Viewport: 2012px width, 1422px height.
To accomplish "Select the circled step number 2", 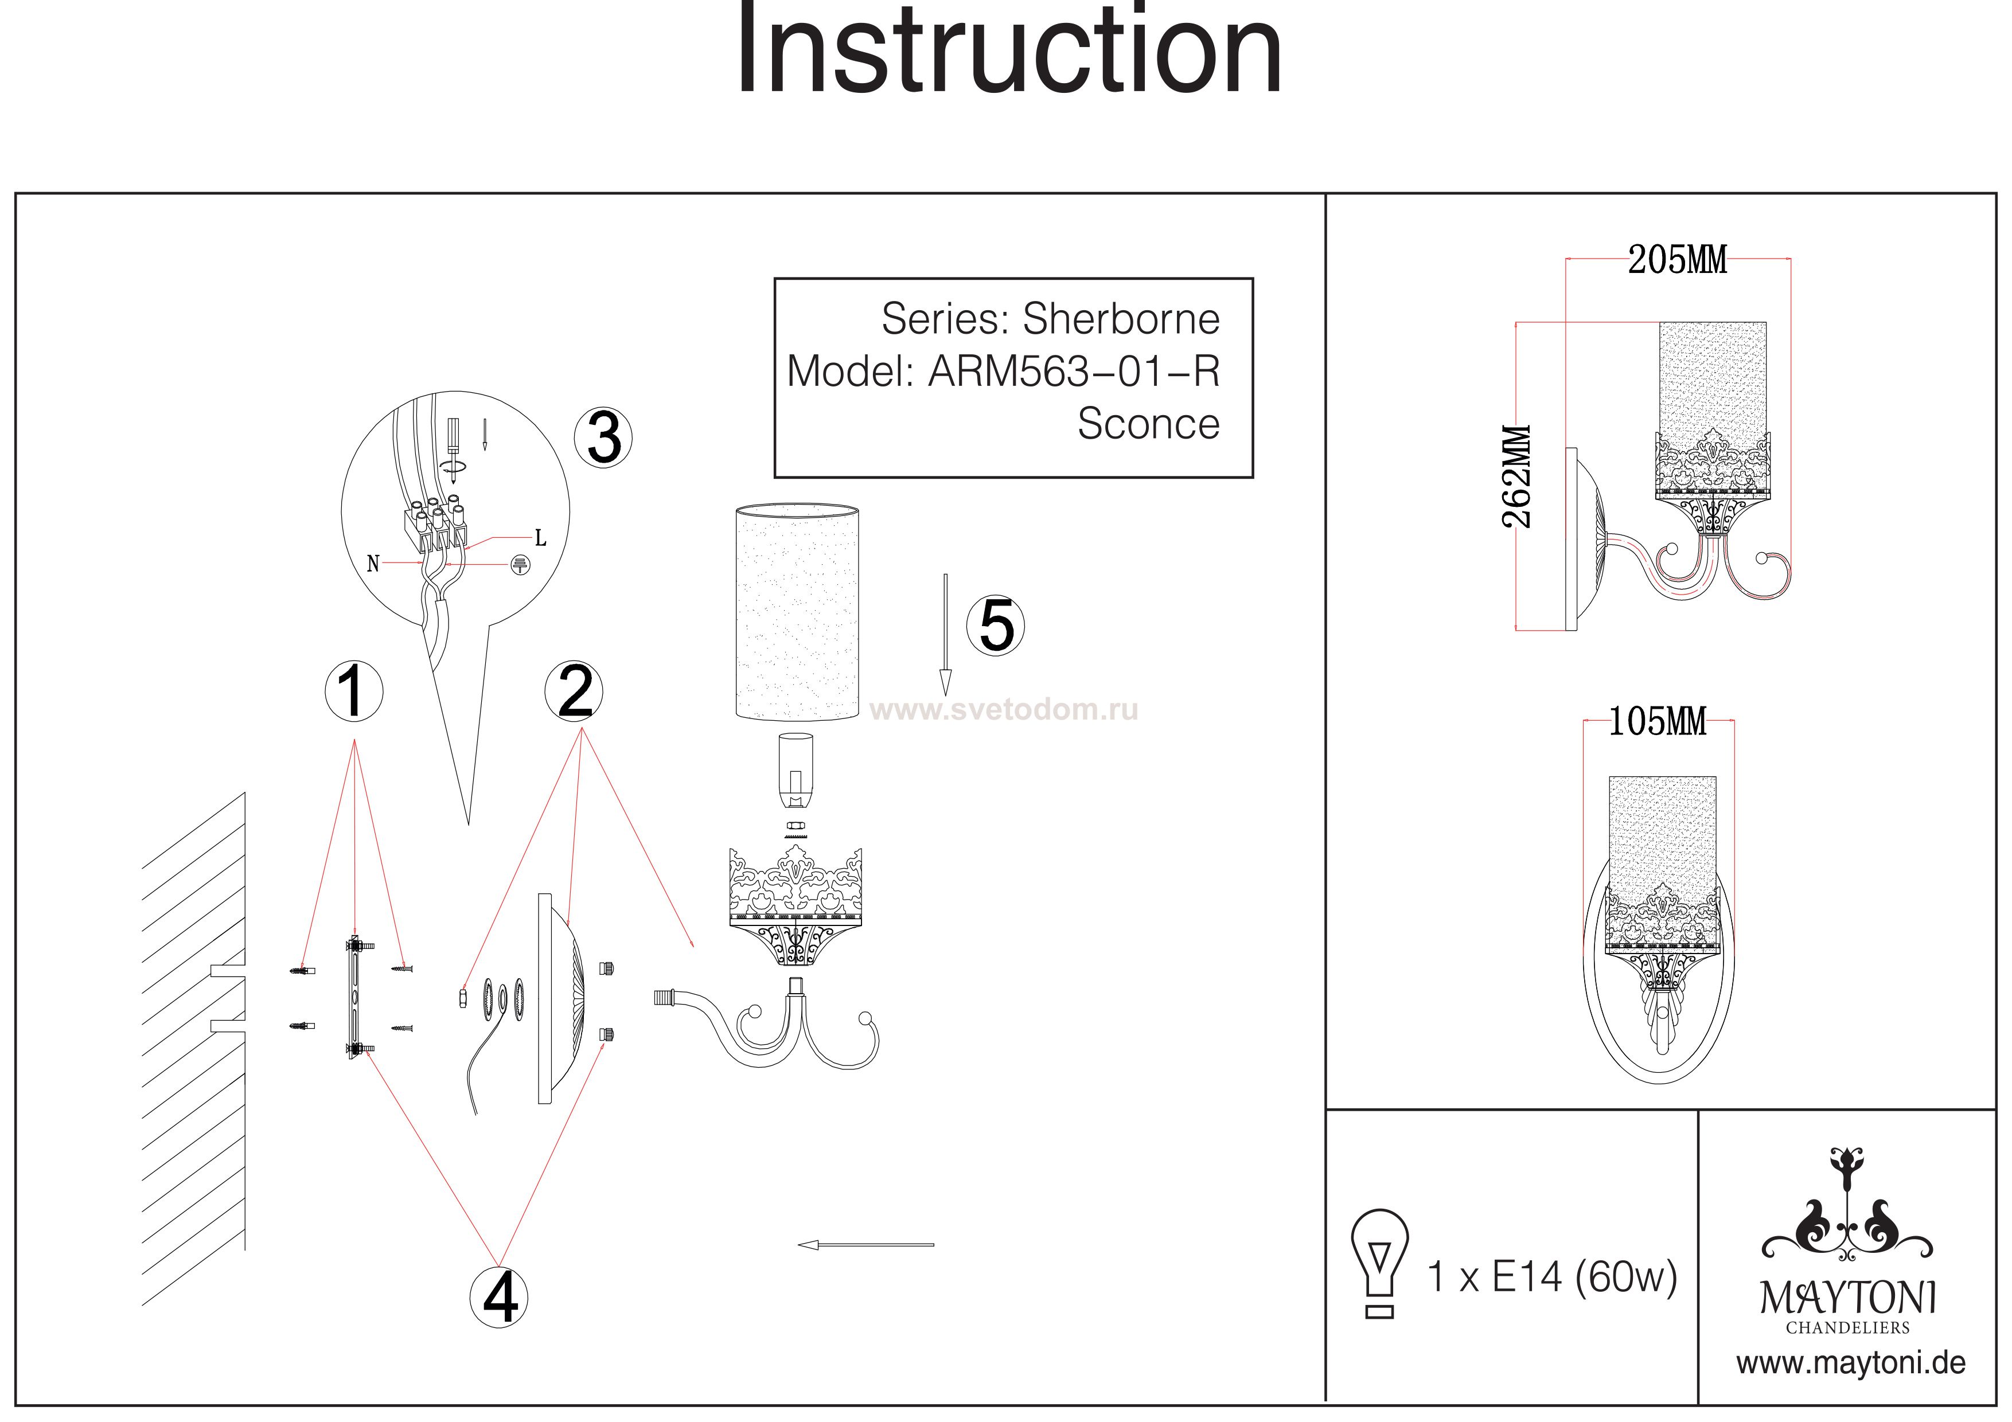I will pos(574,692).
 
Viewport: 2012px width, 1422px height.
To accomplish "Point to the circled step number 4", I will pos(500,1296).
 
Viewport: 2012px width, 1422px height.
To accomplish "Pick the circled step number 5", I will pos(996,626).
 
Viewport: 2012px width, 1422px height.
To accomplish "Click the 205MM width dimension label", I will pos(1677,260).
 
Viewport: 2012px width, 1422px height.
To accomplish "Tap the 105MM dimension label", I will pos(1657,722).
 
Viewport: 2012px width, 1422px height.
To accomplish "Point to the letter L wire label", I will pos(541,538).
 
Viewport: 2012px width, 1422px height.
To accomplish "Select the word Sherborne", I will pos(1121,319).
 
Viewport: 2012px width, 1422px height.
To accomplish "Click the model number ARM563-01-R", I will pos(1074,372).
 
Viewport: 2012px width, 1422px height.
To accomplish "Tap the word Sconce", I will pos(1148,424).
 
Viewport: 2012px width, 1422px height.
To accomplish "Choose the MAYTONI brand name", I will pos(1848,1298).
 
